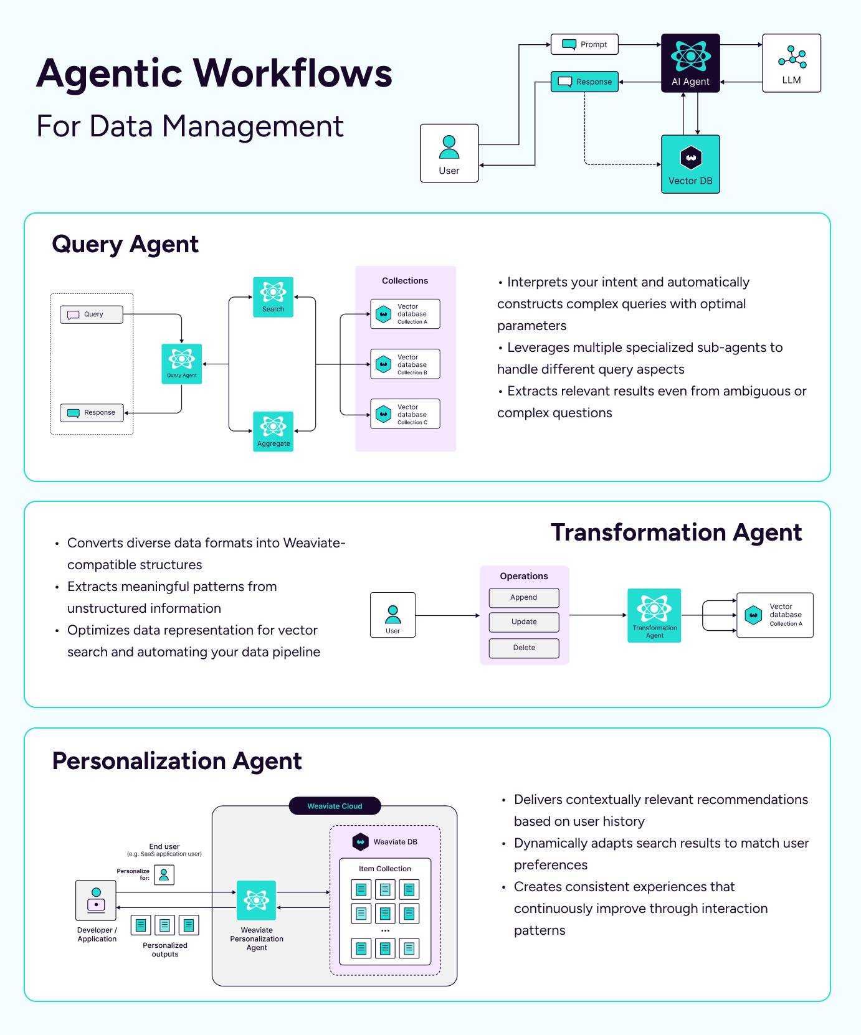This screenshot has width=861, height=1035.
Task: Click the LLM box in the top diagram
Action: pyautogui.click(x=791, y=63)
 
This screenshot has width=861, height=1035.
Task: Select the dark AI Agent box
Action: pyautogui.click(x=690, y=63)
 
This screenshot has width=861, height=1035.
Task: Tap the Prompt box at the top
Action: pyautogui.click(x=584, y=44)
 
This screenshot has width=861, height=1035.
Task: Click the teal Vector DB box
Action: pyautogui.click(x=690, y=164)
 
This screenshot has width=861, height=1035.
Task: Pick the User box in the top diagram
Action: pyautogui.click(x=449, y=153)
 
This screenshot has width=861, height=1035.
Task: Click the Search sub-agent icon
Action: pyautogui.click(x=273, y=297)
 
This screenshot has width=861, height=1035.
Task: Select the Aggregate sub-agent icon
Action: pyautogui.click(x=273, y=431)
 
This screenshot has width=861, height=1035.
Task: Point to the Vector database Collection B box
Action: pyautogui.click(x=405, y=364)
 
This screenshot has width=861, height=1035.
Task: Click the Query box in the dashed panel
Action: pyautogui.click(x=92, y=314)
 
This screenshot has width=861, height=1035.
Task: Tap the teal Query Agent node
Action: pyautogui.click(x=181, y=364)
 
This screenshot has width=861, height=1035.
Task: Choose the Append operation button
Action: pyautogui.click(x=524, y=597)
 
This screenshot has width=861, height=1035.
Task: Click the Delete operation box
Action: pyautogui.click(x=524, y=648)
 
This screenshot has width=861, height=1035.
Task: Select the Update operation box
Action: pyautogui.click(x=524, y=621)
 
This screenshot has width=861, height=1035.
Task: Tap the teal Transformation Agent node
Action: pyautogui.click(x=654, y=615)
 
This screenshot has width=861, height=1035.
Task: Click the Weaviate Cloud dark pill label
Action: pyautogui.click(x=335, y=806)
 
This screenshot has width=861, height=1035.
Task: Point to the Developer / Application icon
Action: pyautogui.click(x=96, y=900)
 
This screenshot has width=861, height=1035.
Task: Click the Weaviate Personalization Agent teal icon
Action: pyautogui.click(x=256, y=900)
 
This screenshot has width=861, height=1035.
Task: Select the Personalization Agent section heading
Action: pyautogui.click(x=177, y=761)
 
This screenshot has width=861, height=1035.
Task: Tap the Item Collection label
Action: pyautogui.click(x=384, y=869)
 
